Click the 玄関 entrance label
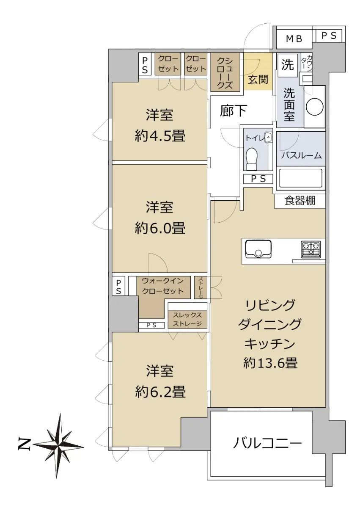258,80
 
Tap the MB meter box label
294,39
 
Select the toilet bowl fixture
252,159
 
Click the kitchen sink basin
258,249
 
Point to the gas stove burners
311,250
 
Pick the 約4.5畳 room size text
160,136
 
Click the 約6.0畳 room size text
160,228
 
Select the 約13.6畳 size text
270,363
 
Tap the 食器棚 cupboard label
300,201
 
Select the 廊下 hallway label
234,110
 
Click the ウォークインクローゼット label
163,286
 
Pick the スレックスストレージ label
187,319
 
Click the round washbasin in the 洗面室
314,107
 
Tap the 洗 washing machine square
288,65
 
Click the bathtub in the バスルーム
301,179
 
